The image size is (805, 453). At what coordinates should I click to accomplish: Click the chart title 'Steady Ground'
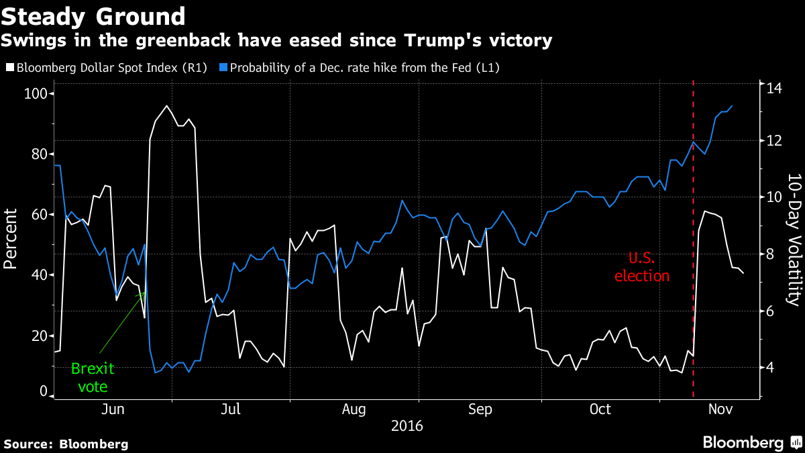[x=93, y=16]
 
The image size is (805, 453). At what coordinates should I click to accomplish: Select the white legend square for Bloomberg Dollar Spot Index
[x=9, y=68]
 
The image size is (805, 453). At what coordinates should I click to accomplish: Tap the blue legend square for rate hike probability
[x=224, y=68]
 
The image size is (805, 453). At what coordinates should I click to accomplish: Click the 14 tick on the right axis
[x=775, y=87]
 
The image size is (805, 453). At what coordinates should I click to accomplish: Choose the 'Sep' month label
[x=479, y=409]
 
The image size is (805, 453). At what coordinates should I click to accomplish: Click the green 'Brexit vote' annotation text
[x=93, y=377]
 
